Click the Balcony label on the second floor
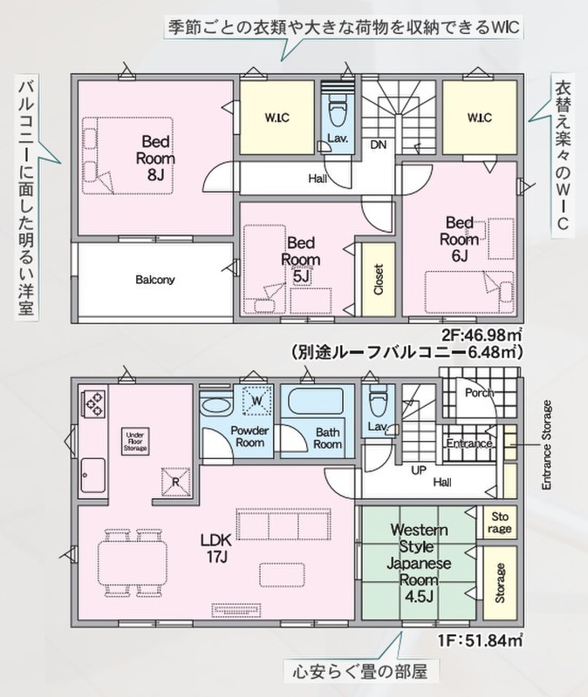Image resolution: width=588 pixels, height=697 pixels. click(x=155, y=280)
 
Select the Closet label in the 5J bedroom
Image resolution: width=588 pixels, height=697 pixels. click(x=379, y=279)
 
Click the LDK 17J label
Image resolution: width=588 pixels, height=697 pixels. click(x=215, y=548)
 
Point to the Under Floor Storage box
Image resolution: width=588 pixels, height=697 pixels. click(x=135, y=442)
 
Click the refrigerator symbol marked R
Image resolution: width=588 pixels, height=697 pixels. click(x=175, y=482)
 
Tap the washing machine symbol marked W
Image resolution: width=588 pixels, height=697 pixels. click(x=256, y=400)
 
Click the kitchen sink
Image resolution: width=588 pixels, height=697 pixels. click(x=93, y=475)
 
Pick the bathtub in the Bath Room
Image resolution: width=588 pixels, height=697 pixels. click(x=316, y=401)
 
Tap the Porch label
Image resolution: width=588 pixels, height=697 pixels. click(x=480, y=393)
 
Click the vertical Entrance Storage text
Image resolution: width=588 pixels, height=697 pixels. click(x=547, y=445)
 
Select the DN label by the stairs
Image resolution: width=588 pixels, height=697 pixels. click(x=379, y=145)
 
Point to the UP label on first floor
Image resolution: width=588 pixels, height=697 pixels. click(x=419, y=470)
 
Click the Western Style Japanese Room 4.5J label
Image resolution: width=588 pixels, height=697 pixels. click(x=419, y=563)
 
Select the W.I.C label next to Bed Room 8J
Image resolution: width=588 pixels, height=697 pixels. click(x=277, y=118)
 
